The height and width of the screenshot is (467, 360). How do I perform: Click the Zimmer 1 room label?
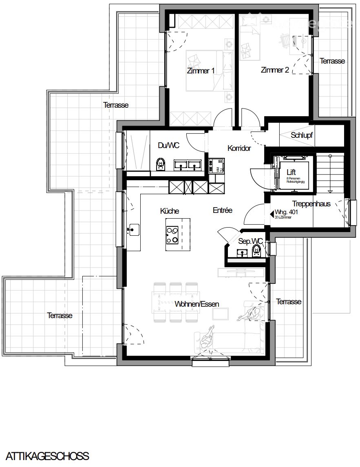click(201, 71)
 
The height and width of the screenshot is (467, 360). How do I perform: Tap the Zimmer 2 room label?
click(275, 70)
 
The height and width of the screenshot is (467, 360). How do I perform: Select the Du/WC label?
click(169, 145)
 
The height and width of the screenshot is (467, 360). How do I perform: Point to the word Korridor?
click(239, 148)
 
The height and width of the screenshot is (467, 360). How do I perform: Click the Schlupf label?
click(302, 135)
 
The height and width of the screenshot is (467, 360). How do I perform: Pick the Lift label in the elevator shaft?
click(291, 173)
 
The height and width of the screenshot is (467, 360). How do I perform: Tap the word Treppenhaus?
click(311, 204)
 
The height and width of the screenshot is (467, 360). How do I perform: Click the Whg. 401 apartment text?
click(285, 212)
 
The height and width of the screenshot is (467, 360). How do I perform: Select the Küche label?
click(170, 211)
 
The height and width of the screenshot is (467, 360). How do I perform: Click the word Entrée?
click(222, 210)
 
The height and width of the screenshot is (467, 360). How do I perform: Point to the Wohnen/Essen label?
click(197, 304)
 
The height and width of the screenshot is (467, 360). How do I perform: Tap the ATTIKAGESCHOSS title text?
click(47, 456)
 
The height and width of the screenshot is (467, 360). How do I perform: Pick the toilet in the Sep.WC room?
click(257, 250)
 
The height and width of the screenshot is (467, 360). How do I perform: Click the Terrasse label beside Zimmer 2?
click(332, 61)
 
